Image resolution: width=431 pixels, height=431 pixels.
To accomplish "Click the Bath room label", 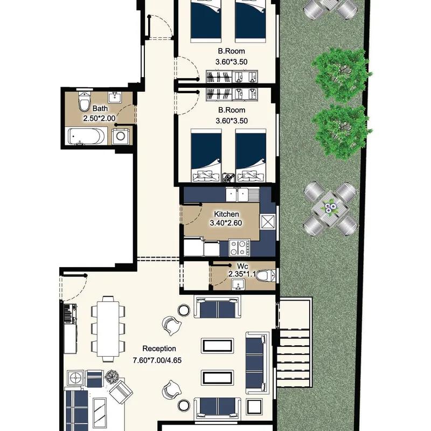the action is pos(100,109).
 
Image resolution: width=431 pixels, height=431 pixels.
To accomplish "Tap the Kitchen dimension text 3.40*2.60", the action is pos(226,223).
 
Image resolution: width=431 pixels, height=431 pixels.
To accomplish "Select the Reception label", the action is pos(159,349).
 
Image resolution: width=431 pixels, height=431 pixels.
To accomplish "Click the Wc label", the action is pos(242,266).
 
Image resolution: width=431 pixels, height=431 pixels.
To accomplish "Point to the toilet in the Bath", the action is pos(85,101).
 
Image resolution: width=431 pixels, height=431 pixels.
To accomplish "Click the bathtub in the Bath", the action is pos(86,136).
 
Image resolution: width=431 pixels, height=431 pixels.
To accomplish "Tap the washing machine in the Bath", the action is pos(120,136).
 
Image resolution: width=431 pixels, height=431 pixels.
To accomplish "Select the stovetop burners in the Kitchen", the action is pos(240,247).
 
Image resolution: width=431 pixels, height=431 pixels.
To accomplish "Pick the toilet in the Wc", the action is pos(265,276).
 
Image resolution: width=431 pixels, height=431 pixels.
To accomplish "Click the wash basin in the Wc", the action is pos(238,284).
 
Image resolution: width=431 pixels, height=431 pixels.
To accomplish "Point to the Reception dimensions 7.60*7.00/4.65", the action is pos(157,360).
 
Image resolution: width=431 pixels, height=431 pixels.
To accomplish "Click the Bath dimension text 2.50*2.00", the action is pos(99,119).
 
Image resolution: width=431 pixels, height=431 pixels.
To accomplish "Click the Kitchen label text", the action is pos(226,214).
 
